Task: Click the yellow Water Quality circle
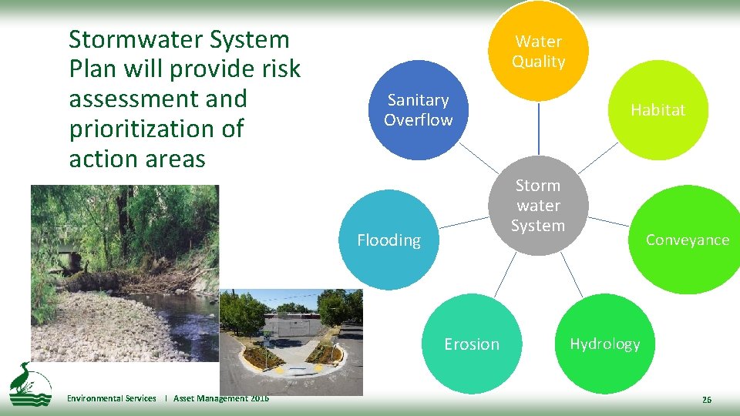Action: click(539, 51)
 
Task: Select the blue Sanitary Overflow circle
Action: click(418, 110)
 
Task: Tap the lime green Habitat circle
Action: click(658, 110)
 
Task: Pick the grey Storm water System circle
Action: click(538, 206)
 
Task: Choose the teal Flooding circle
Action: click(388, 240)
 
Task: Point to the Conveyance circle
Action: click(687, 240)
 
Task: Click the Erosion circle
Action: click(472, 344)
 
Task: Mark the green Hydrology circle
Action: click(604, 344)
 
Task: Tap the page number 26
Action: click(706, 399)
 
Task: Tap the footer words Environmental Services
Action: click(111, 398)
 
